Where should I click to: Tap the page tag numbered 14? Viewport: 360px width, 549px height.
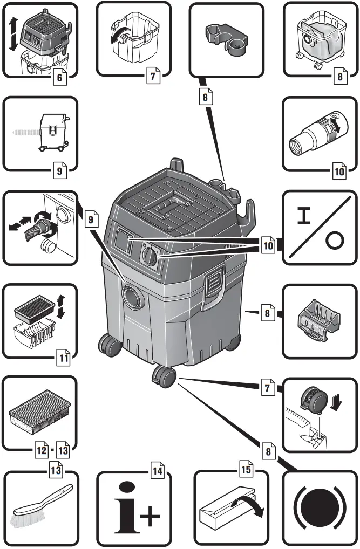[x=157, y=471]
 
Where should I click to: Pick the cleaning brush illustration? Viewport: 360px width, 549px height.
[x=40, y=505]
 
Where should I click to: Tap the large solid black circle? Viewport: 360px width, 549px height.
[x=319, y=509]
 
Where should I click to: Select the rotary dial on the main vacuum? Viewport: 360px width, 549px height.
[x=149, y=255]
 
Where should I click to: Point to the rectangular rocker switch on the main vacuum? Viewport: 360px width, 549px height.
[x=123, y=239]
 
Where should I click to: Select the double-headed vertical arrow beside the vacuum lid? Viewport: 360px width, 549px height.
[x=11, y=35]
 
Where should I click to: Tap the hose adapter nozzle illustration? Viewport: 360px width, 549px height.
[x=313, y=132]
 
